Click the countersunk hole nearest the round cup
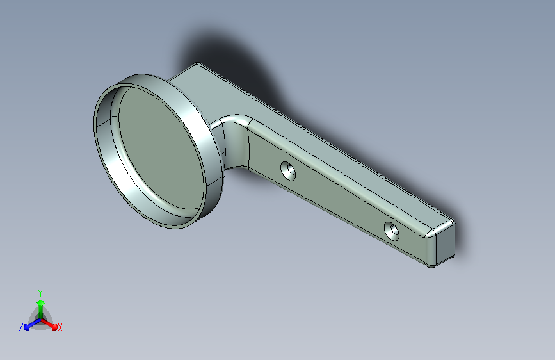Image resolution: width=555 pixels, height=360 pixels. (288, 171)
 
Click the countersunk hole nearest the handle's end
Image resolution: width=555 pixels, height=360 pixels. (392, 231)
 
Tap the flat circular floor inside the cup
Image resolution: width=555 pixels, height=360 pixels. (161, 151)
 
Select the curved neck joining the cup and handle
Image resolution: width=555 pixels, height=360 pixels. (234, 142)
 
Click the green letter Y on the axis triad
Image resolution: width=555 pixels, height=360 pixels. (40, 293)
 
